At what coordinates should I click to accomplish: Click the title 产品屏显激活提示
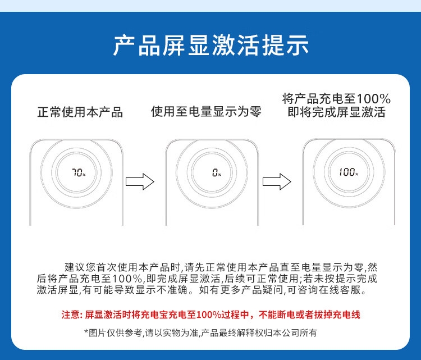tap(210, 45)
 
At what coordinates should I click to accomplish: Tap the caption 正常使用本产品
tap(80, 112)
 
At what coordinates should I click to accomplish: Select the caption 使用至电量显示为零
tap(206, 112)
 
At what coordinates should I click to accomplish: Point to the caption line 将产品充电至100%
tap(336, 99)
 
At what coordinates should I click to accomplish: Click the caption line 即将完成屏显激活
tap(336, 112)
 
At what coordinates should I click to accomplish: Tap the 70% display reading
tap(79, 172)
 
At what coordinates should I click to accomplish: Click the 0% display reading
tap(217, 172)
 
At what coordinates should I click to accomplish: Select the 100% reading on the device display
tap(349, 172)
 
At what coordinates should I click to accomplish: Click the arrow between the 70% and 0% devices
tap(140, 181)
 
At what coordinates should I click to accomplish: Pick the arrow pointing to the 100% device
tap(277, 181)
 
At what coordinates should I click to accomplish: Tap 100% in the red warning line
tap(209, 315)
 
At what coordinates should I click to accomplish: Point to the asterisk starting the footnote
tap(86, 332)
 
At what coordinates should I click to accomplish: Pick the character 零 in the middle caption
tap(255, 112)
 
